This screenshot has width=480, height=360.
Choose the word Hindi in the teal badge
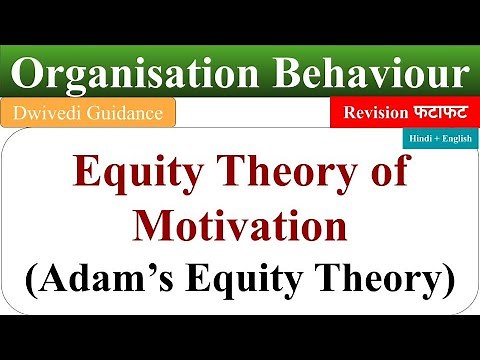click(x=419, y=141)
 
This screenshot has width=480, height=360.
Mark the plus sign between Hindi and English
click(x=436, y=141)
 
